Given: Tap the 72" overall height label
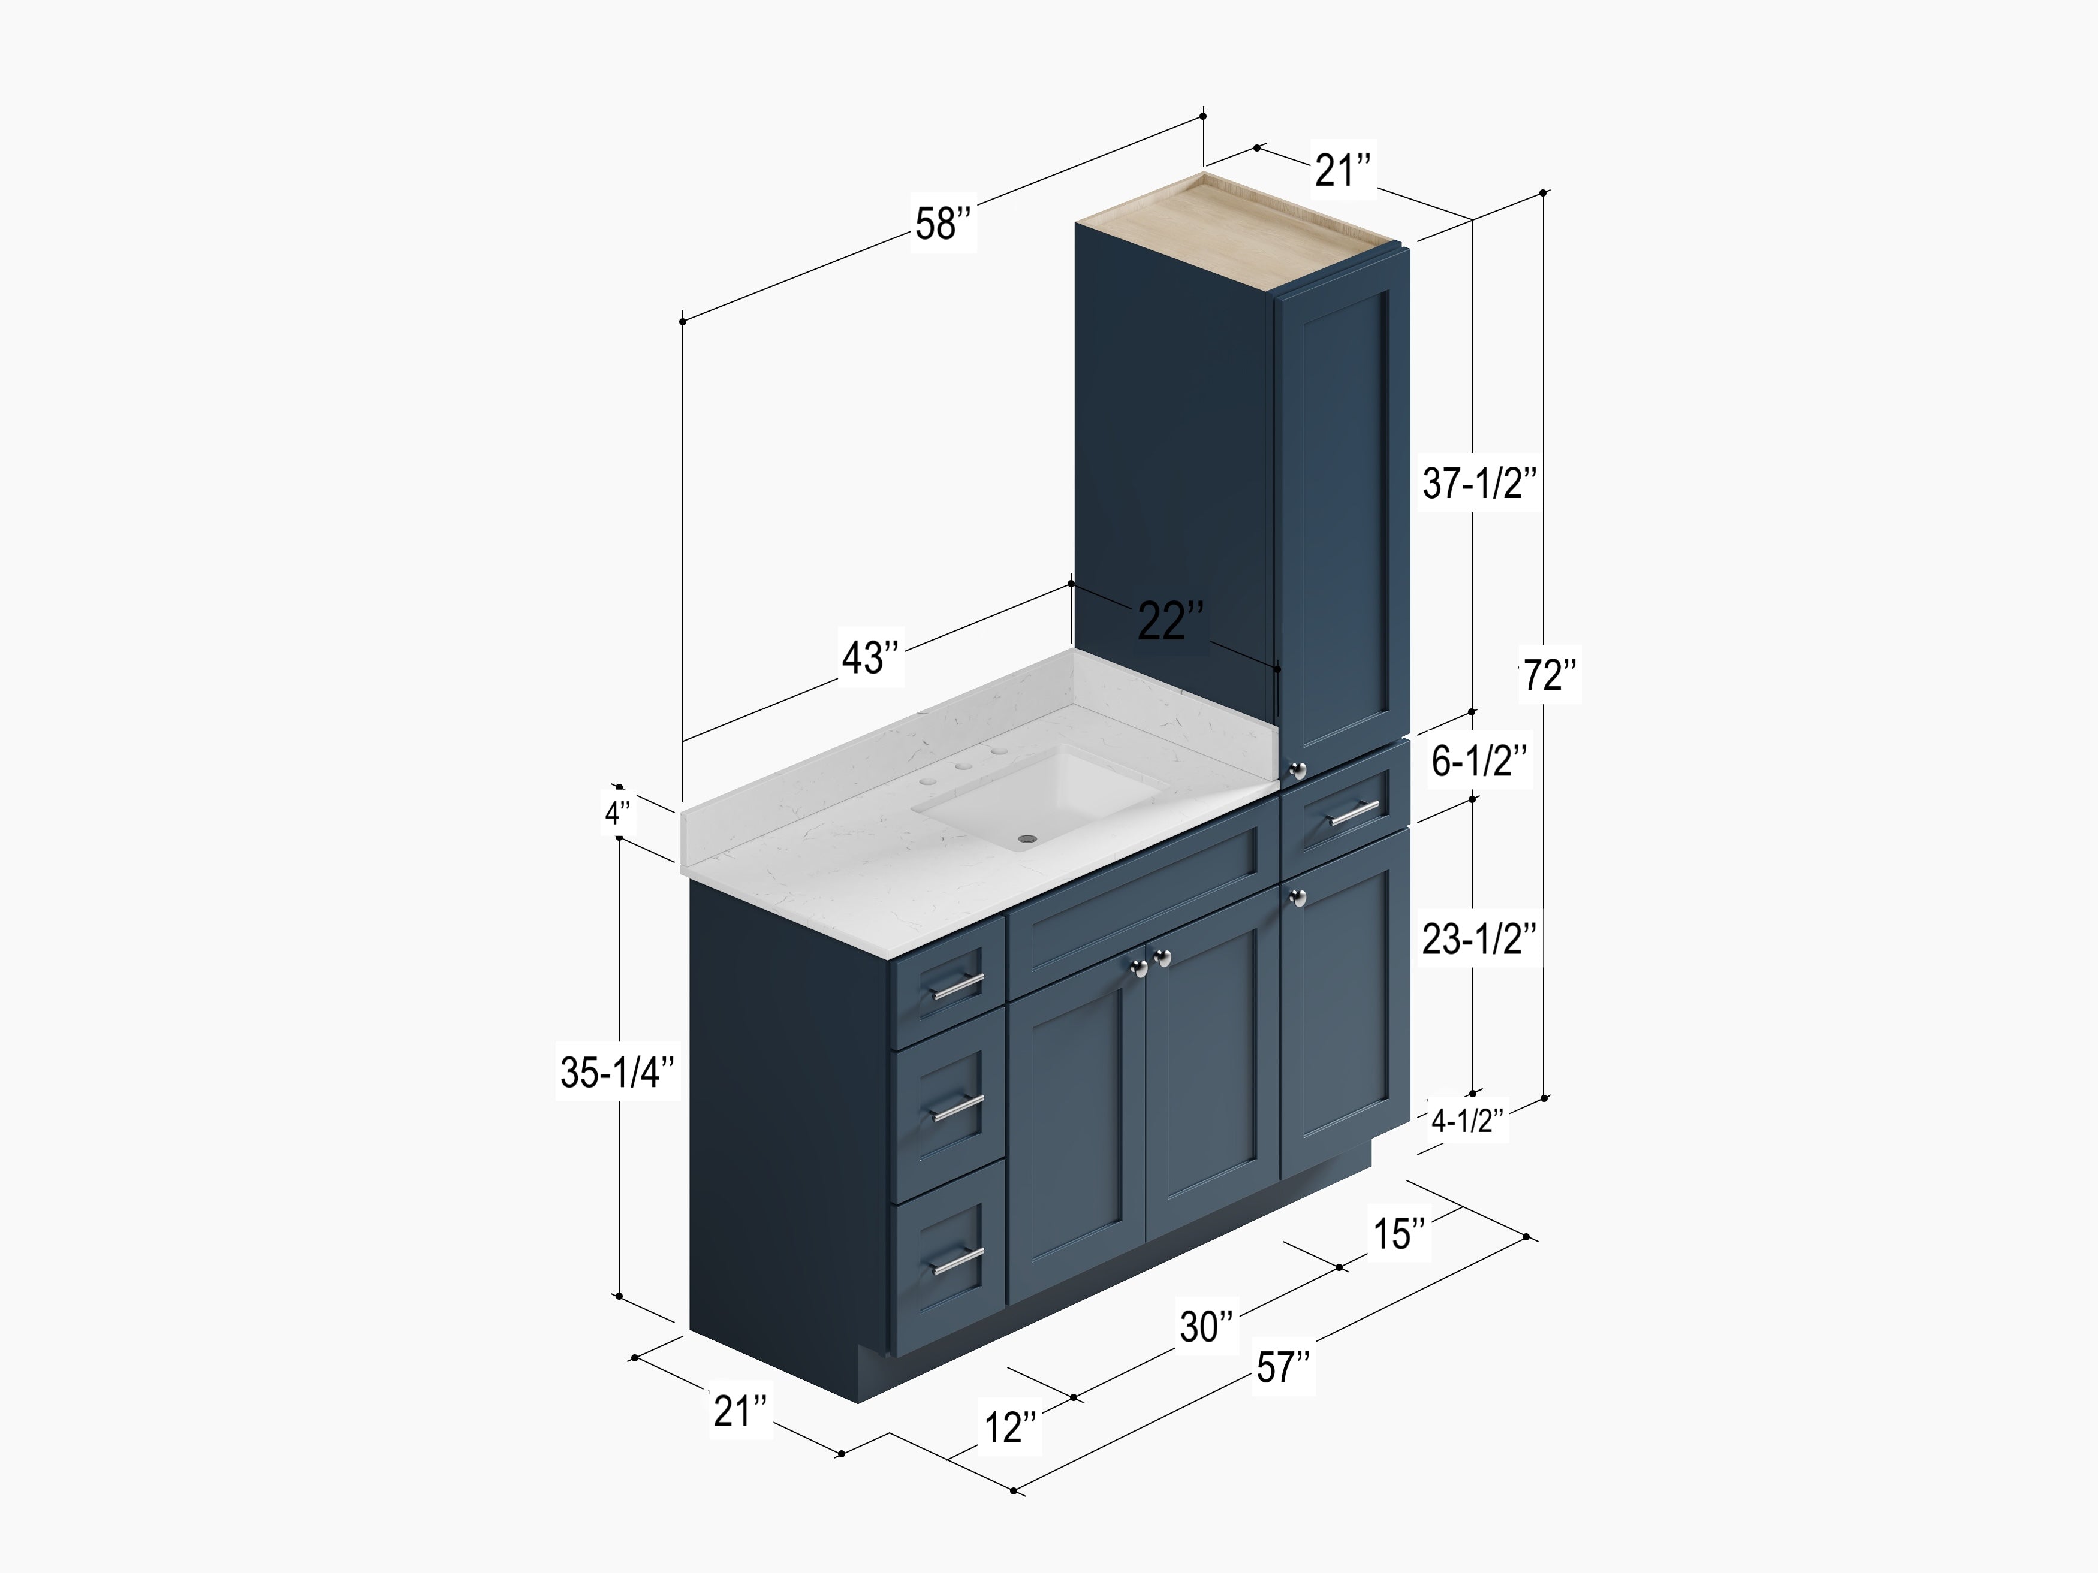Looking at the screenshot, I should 1550,676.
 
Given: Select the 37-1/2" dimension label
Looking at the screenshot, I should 1478,484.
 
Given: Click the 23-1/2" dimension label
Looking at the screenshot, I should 1478,938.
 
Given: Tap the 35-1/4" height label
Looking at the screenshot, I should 617,1073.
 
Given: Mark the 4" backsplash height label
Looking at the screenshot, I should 617,813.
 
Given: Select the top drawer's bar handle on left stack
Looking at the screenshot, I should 955,987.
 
